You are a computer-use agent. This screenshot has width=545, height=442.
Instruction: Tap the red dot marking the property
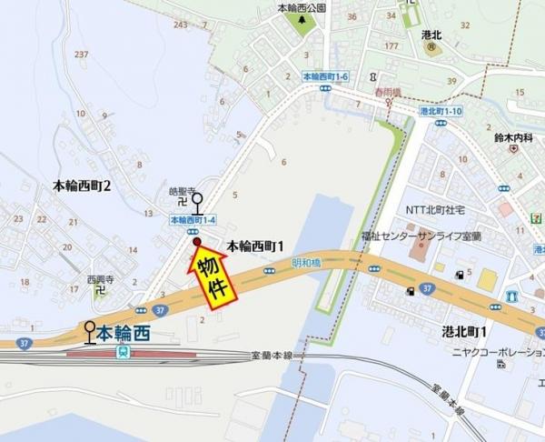pos(196,242)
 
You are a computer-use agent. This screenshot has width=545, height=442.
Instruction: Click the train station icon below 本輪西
pos(123,352)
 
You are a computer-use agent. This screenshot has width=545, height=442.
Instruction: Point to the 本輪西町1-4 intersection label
pos(193,219)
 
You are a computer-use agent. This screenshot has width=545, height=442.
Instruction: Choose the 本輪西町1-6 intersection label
pos(324,78)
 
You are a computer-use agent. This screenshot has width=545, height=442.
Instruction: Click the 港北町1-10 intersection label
pos(442,111)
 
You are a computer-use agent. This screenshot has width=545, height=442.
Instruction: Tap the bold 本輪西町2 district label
pos(82,186)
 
